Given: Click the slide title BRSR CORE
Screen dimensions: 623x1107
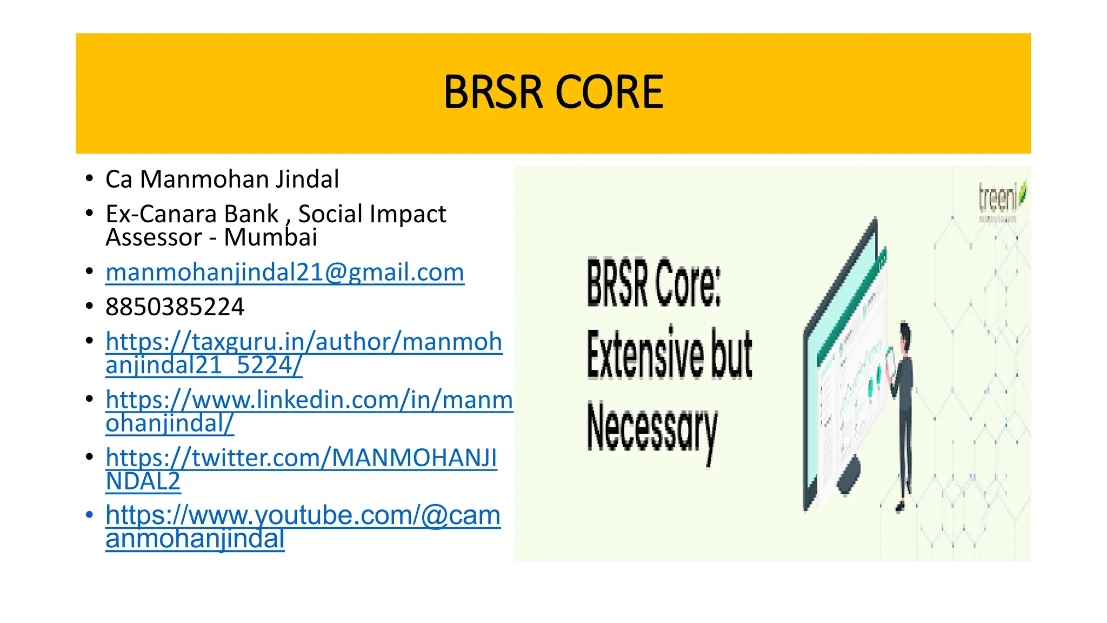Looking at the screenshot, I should click(553, 92).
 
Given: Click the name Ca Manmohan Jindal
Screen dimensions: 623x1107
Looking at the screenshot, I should click(222, 180).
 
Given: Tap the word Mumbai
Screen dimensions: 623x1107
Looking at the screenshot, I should click(270, 237).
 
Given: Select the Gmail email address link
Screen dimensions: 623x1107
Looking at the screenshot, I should click(285, 273).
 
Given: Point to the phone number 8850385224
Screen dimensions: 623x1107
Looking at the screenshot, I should click(175, 307).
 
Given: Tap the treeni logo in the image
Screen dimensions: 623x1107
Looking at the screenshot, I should click(1001, 198).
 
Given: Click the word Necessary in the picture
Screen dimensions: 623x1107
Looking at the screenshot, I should click(652, 430).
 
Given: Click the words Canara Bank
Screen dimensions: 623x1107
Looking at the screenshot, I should click(209, 214).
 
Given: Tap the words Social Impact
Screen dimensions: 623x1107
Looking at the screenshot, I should click(372, 214).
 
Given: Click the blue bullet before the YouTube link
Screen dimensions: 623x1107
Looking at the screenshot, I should click(90, 514).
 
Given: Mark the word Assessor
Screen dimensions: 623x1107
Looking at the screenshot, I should click(154, 237).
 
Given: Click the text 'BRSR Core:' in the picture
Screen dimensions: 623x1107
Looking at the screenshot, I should click(653, 283).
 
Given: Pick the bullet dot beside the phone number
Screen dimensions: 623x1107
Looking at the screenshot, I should click(90, 306).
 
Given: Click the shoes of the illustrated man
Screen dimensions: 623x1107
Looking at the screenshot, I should click(900, 507).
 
